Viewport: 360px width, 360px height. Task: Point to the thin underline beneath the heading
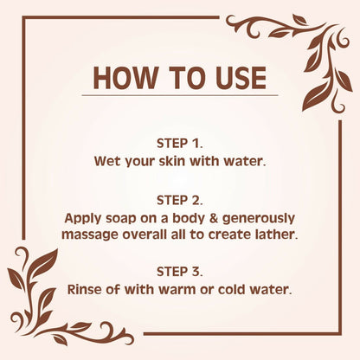[180, 95]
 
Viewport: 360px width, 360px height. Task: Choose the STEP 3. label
[180, 272]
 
